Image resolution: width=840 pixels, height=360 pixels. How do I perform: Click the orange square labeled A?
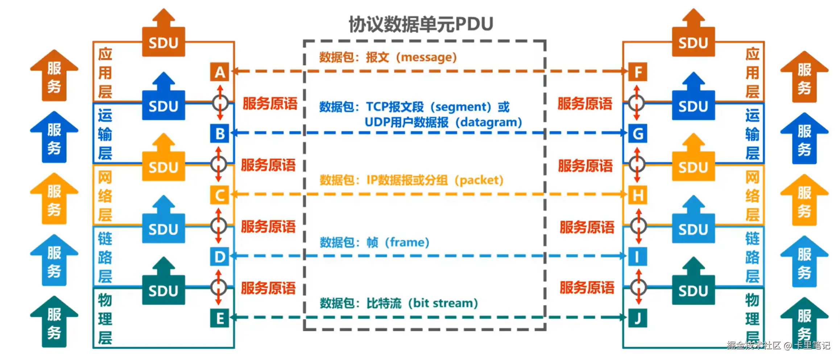(x=220, y=72)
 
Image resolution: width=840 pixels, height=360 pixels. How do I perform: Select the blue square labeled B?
(x=220, y=133)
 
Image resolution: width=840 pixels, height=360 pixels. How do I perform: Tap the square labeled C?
(x=219, y=195)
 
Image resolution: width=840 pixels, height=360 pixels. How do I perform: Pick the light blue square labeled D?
(x=219, y=257)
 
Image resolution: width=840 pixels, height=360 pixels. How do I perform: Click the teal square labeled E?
(x=219, y=318)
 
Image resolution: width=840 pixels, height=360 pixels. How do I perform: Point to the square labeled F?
(x=637, y=72)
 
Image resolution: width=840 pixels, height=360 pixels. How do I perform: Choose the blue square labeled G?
(x=637, y=133)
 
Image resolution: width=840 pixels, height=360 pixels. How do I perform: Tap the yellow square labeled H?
(x=637, y=195)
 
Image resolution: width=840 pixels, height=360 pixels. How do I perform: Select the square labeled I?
(x=637, y=257)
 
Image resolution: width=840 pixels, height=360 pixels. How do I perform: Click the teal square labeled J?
(x=637, y=318)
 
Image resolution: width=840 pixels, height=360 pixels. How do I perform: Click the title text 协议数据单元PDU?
(x=421, y=24)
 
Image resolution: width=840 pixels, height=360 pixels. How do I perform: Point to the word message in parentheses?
(x=426, y=57)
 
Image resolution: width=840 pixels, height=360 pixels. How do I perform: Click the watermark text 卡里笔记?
(x=812, y=345)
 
